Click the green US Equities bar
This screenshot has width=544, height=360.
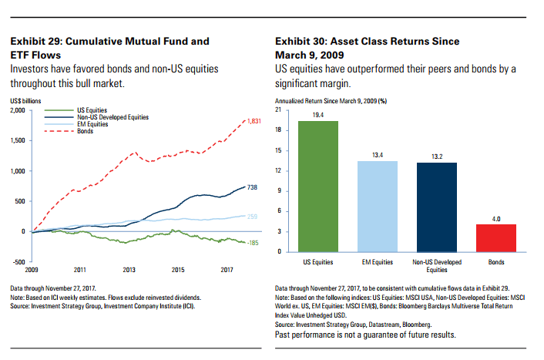[317, 186]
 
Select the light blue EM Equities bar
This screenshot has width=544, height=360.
[377, 206]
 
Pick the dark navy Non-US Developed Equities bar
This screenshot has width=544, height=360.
[436, 207]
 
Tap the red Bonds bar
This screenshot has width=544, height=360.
[495, 237]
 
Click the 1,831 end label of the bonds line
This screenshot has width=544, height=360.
[254, 122]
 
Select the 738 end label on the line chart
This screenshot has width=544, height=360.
[251, 187]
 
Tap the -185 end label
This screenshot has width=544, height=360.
[252, 243]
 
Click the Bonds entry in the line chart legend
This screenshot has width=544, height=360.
[84, 130]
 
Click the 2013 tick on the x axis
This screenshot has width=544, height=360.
[129, 270]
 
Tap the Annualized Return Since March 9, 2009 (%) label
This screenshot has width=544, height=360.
[330, 102]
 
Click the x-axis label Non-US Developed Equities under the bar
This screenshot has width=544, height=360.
[436, 266]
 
